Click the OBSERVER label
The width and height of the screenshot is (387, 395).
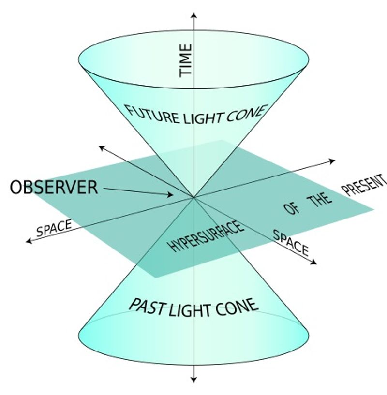pyautogui.click(x=54, y=187)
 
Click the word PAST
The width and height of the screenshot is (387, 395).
pyautogui.click(x=147, y=306)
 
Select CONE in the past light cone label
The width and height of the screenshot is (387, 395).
pyautogui.click(x=238, y=306)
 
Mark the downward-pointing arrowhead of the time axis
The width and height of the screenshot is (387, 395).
pyautogui.click(x=193, y=380)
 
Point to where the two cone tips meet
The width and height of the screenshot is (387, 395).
pyautogui.click(x=193, y=197)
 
